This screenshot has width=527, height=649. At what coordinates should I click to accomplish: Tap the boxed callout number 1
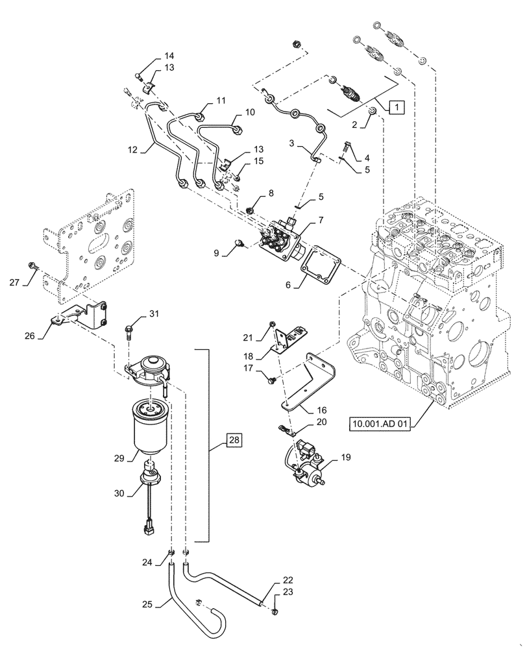coord(397,107)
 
